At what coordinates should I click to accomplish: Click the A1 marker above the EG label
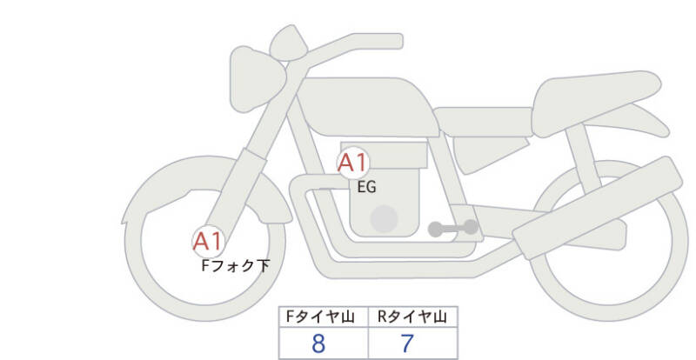point(353,163)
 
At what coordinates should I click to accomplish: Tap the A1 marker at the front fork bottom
point(208,242)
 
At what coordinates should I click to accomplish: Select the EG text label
point(366,187)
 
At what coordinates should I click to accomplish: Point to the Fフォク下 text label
point(236,266)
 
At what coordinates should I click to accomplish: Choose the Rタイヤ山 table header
point(412,317)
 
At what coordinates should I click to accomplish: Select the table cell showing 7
point(412,343)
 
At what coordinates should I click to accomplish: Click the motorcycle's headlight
point(258,78)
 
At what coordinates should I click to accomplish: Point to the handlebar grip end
point(391,41)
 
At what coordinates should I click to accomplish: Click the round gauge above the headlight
point(289,43)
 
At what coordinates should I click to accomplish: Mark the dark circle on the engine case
point(384,219)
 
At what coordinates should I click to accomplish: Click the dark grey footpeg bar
point(453,228)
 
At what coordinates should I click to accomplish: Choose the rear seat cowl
point(596,102)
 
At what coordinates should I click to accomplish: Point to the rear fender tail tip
point(665,132)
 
